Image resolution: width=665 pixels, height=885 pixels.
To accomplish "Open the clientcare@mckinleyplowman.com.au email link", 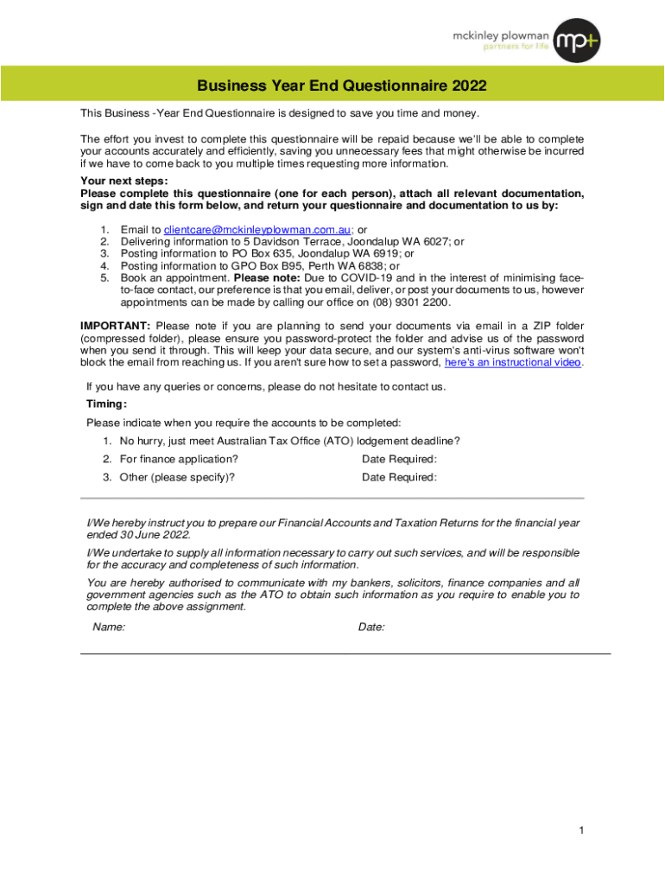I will [x=256, y=230].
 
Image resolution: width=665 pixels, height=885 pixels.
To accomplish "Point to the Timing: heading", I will [x=106, y=404].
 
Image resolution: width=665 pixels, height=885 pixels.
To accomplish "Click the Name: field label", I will [x=109, y=627].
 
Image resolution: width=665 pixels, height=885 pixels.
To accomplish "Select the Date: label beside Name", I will [x=371, y=627].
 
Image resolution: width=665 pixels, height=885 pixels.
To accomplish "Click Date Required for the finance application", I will [x=399, y=459].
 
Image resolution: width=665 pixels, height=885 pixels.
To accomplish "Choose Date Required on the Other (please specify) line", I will [x=399, y=477].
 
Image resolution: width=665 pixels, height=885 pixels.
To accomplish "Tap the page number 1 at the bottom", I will [x=583, y=831].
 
